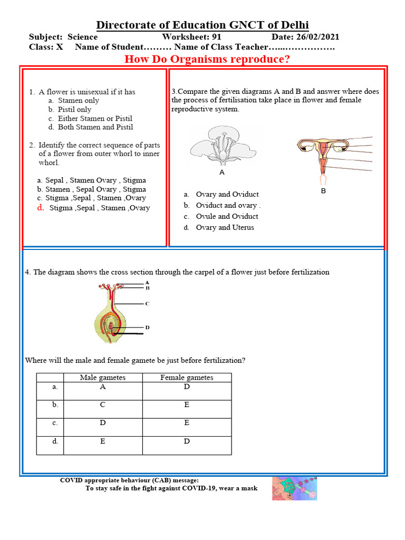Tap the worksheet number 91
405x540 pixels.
pyautogui.click(x=216, y=37)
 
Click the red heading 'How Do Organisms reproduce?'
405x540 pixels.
pyautogui.click(x=207, y=59)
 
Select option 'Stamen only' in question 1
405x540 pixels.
pyautogui.click(x=78, y=100)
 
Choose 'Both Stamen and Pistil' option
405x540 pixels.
pyautogui.click(x=95, y=127)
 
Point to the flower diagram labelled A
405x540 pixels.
pyautogui.click(x=222, y=146)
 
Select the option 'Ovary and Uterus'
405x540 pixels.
pyautogui.click(x=225, y=227)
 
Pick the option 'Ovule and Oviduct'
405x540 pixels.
pyautogui.click(x=227, y=216)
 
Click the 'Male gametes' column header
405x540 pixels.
pyautogui.click(x=103, y=378)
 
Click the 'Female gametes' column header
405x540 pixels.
pyautogui.click(x=187, y=378)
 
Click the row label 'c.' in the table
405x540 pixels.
pyautogui.click(x=55, y=423)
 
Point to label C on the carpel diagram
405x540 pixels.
pyautogui.click(x=147, y=304)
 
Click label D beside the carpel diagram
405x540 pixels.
pyautogui.click(x=147, y=327)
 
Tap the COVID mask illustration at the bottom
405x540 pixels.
pyautogui.click(x=294, y=488)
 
